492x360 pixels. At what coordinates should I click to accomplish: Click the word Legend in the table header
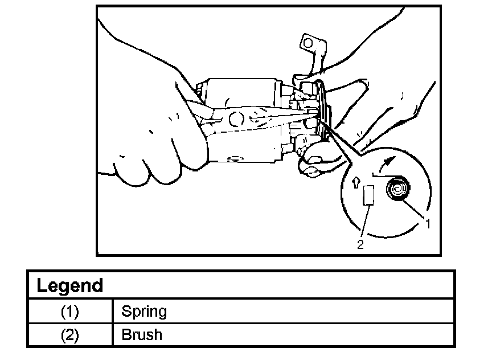tap(69, 285)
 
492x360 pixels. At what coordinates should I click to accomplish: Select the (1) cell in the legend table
tap(69, 312)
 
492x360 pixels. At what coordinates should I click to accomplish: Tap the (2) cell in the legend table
tap(69, 335)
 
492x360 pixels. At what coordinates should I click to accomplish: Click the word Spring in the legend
tap(144, 312)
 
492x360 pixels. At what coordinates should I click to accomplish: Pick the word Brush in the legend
tap(142, 335)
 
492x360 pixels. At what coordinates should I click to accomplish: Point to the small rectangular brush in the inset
tap(368, 196)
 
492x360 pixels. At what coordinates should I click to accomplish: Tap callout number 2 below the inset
tap(360, 245)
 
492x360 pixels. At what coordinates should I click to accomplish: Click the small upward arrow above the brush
tap(356, 182)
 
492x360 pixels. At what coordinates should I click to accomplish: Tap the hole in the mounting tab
tap(308, 43)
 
